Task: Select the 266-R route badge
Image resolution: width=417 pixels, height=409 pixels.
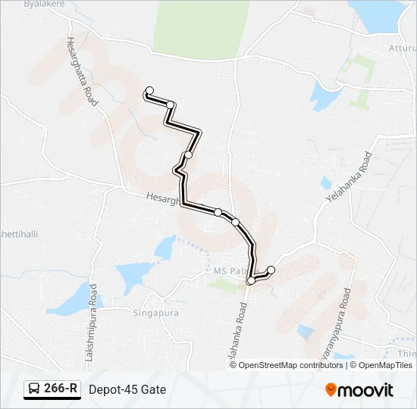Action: pos(52,389)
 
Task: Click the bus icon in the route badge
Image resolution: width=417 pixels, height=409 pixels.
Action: pos(34,389)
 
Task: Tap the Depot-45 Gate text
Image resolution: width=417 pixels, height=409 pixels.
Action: pos(127,389)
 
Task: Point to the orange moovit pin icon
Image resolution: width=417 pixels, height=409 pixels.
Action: pos(331,390)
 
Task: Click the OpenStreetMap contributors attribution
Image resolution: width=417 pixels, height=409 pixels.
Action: pos(292,365)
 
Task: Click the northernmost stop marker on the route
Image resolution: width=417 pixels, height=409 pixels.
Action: pos(149,90)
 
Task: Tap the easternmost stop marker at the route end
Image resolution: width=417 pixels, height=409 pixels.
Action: pos(271,270)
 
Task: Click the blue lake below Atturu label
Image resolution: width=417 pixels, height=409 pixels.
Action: pos(324,95)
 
